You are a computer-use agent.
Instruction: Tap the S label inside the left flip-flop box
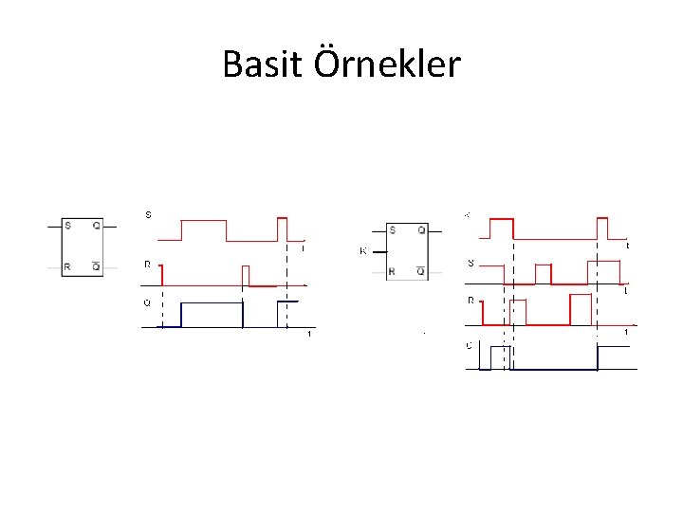click(x=67, y=226)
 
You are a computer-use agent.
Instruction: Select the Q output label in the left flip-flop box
click(x=97, y=226)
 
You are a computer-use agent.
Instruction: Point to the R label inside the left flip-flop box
click(x=67, y=267)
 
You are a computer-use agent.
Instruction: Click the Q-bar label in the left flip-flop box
click(x=97, y=266)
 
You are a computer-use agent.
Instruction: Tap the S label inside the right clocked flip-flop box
click(x=393, y=230)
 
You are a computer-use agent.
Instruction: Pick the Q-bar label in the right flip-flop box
click(x=421, y=271)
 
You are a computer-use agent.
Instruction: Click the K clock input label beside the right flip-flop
click(x=363, y=251)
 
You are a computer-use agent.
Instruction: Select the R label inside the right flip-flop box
click(x=393, y=272)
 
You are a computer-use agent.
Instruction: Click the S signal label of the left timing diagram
click(x=147, y=214)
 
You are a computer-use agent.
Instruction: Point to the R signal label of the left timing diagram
click(x=147, y=265)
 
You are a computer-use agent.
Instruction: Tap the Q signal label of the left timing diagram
click(x=147, y=303)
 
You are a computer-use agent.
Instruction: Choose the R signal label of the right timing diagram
click(x=471, y=301)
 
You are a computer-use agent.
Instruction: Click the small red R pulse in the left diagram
click(x=246, y=275)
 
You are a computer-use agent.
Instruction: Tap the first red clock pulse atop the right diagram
click(x=501, y=228)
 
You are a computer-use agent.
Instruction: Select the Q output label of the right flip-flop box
click(x=421, y=230)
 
